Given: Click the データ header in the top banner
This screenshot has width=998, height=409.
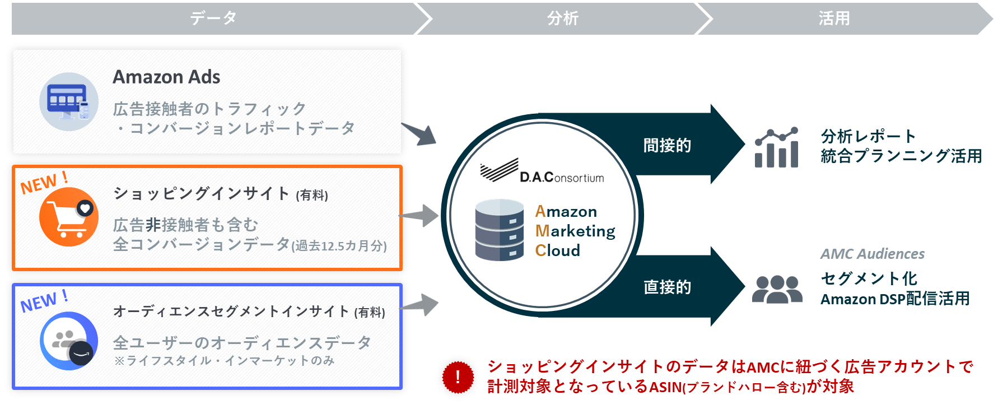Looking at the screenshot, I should click(213, 18).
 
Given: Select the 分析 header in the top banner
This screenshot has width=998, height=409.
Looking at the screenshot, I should click(562, 18).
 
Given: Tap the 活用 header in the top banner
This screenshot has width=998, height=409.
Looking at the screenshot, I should click(834, 18).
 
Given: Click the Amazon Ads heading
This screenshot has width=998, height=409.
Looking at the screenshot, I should click(166, 77).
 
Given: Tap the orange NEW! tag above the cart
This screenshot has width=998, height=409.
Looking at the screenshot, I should click(44, 183).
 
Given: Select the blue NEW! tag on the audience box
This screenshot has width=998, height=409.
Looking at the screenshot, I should click(44, 301).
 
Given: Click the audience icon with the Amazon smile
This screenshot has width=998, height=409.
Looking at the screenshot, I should click(68, 341).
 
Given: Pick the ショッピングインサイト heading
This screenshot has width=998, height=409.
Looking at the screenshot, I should click(202, 194).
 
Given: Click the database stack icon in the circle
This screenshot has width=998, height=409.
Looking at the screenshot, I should click(499, 230).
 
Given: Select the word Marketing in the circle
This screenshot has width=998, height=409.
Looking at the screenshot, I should click(575, 231).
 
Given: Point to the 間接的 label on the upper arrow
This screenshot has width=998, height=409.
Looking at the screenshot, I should click(667, 146).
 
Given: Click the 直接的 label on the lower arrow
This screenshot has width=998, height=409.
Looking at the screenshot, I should click(667, 287).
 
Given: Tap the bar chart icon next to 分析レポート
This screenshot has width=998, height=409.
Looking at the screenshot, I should click(776, 148).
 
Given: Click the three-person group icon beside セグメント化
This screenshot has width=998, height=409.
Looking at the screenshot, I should click(777, 289).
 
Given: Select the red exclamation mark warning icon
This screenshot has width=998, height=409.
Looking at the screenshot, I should click(458, 377).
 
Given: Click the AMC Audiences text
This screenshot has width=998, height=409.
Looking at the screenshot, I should click(872, 254).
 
